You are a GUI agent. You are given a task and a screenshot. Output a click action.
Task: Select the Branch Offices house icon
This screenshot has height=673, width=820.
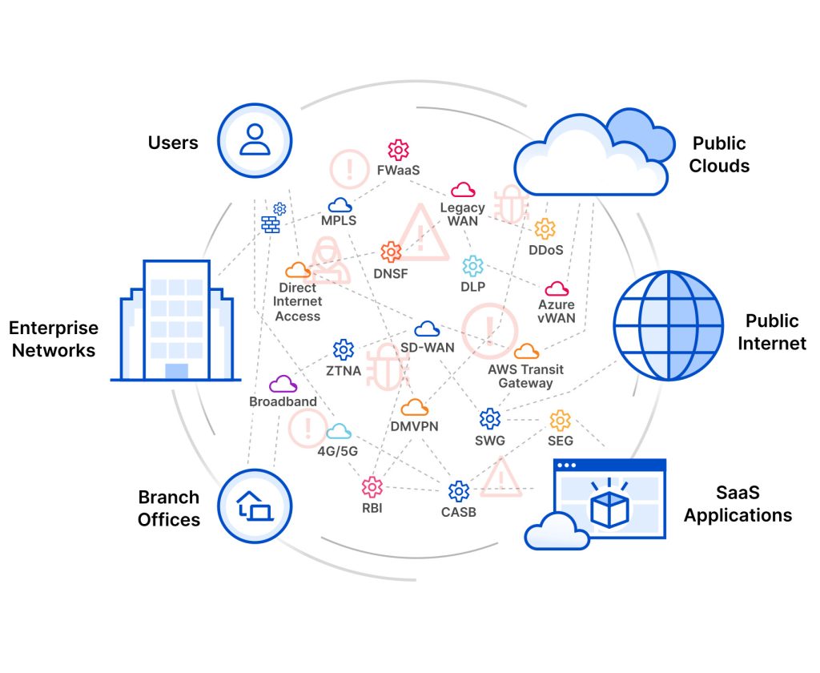(x=254, y=506)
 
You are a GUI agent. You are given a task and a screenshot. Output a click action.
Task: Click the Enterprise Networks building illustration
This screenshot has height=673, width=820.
(x=175, y=320)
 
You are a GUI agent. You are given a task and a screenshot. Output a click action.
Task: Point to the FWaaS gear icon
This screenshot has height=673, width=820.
(x=398, y=150)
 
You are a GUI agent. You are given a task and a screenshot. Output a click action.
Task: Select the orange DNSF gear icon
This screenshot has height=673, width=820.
(x=391, y=252)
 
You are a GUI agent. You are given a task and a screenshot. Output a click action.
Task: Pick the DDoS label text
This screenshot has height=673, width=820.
(x=545, y=250)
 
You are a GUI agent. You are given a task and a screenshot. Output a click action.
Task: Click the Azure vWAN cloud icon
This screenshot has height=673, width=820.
(x=557, y=288)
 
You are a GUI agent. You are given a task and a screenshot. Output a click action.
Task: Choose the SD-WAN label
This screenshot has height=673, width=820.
(x=427, y=347)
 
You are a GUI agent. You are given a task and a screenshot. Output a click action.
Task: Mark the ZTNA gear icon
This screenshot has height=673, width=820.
(x=344, y=349)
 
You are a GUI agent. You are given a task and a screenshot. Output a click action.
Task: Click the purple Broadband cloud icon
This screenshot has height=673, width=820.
(x=283, y=384)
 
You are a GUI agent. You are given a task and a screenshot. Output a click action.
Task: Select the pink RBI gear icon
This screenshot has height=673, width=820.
(x=372, y=486)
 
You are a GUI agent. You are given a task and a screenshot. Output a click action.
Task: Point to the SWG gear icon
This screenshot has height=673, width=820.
(x=489, y=418)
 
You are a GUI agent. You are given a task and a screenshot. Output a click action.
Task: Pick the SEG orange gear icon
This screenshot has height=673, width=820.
(x=560, y=420)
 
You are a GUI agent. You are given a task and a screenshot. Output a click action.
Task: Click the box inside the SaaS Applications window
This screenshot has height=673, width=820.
(x=609, y=508)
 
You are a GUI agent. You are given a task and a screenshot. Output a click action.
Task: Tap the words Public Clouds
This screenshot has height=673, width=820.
(x=721, y=155)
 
